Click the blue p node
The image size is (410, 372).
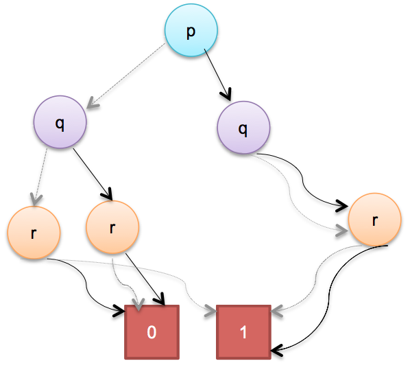191,30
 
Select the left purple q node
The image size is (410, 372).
60,122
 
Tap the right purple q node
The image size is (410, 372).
243,128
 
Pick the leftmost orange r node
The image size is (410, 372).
34,233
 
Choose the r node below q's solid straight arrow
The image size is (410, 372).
112,227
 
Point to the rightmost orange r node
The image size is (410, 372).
375,220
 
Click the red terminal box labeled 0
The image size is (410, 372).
152,332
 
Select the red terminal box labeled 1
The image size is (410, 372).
243,332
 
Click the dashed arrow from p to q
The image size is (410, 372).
125,75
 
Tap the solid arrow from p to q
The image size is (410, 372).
217,75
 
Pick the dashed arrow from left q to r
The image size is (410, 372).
41,177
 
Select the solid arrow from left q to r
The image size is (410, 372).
93,174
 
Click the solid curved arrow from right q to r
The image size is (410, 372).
302,181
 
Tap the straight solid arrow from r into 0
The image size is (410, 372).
145,279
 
